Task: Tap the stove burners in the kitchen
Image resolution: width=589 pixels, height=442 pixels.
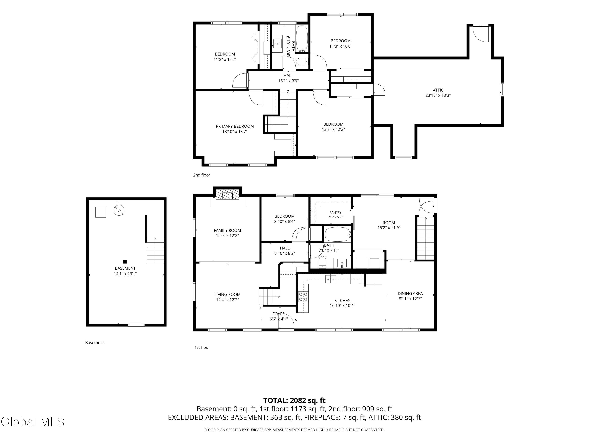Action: (x=303, y=296)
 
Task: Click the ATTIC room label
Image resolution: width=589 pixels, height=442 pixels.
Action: (x=438, y=90)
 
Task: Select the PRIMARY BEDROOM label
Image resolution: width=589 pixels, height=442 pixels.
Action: (x=235, y=126)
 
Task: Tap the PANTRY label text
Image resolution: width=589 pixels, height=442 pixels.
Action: (x=335, y=212)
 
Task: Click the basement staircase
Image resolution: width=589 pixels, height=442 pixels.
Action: (x=155, y=251)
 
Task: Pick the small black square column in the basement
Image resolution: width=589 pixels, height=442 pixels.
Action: (x=125, y=262)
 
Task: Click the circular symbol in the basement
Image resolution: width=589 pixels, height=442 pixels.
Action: (x=119, y=210)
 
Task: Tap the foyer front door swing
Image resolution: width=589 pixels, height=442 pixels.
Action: (x=286, y=322)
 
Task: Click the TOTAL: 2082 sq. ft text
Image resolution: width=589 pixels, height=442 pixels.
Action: (x=294, y=400)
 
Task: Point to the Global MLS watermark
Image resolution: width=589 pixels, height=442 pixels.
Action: (x=32, y=422)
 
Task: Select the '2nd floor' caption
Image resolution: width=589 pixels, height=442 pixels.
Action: (x=202, y=175)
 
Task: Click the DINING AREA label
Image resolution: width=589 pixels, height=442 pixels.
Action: (x=410, y=293)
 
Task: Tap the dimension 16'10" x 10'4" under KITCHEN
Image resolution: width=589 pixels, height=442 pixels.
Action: (x=342, y=306)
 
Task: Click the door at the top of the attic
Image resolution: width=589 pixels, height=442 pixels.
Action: (x=481, y=34)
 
